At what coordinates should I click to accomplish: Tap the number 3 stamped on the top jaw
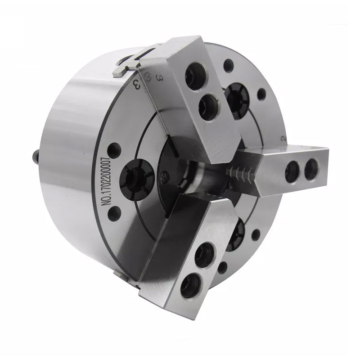[158, 77]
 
